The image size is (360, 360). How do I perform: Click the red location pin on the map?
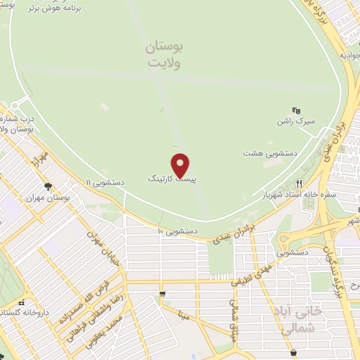181,165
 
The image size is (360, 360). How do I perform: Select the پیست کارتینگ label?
172,180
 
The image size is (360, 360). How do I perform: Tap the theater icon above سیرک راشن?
296,110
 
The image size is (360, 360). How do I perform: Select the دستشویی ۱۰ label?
176,230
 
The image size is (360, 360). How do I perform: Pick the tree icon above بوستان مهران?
47,186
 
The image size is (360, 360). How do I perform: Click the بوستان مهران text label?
49,198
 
